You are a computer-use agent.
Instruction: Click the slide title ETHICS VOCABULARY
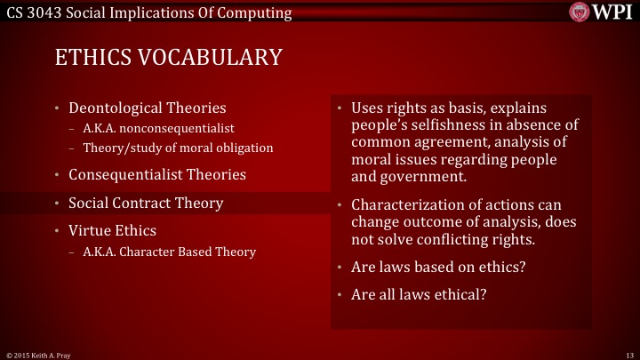[169, 56]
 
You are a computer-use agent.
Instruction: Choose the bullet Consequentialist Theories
[157, 174]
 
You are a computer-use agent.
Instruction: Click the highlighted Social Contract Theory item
[146, 203]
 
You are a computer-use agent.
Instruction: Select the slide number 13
[628, 355]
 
